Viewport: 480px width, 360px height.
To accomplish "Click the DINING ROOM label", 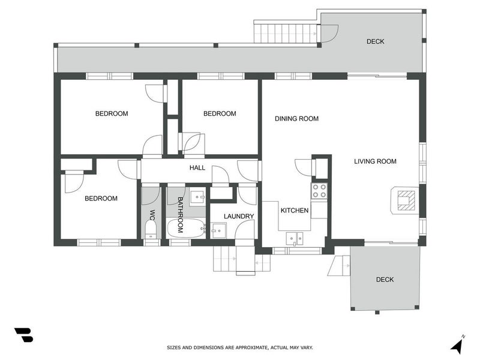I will [x=296, y=119].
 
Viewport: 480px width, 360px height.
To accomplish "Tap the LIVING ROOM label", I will [x=375, y=161].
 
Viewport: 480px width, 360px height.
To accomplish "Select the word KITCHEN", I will [x=295, y=211].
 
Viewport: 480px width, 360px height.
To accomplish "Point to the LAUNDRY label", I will [x=239, y=217].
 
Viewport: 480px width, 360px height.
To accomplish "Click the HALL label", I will [x=197, y=169].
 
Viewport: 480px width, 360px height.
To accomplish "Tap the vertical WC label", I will [x=152, y=215].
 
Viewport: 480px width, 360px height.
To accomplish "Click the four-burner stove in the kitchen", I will [x=319, y=191].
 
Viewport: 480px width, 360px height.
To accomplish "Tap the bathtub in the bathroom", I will [x=184, y=228].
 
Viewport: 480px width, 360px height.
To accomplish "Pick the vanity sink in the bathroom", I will [x=197, y=196].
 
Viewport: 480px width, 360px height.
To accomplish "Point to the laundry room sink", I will [x=218, y=229].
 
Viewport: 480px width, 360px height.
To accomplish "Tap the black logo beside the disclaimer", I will [x=23, y=335].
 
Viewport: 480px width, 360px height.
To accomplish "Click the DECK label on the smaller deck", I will [x=385, y=280].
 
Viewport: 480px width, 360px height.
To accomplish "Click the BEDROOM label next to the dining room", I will [x=220, y=114].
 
